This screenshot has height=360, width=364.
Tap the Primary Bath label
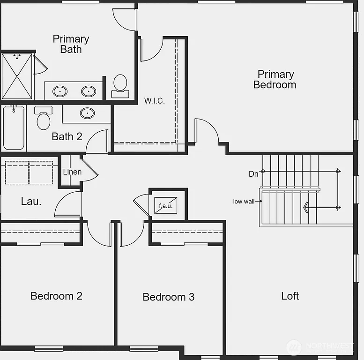(71, 44)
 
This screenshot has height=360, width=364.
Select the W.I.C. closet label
(154, 101)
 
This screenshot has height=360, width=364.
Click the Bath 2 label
(67, 136)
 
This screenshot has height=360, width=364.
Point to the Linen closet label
(72, 172)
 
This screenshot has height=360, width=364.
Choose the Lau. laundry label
(31, 202)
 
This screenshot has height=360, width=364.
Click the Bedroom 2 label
(56, 296)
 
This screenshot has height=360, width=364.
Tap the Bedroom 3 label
(168, 297)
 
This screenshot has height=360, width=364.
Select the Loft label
(290, 296)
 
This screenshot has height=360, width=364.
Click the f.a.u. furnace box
(166, 205)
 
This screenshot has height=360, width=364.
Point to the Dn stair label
(253, 174)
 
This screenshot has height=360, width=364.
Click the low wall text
(244, 202)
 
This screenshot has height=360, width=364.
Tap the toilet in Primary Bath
(120, 85)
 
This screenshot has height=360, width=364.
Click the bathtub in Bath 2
(14, 127)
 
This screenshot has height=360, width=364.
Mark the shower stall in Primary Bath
(17, 76)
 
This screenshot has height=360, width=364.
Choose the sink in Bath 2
(87, 113)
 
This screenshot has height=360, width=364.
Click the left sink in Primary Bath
(60, 91)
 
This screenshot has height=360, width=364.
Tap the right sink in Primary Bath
(89, 91)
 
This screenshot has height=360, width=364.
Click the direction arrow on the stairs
(305, 207)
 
